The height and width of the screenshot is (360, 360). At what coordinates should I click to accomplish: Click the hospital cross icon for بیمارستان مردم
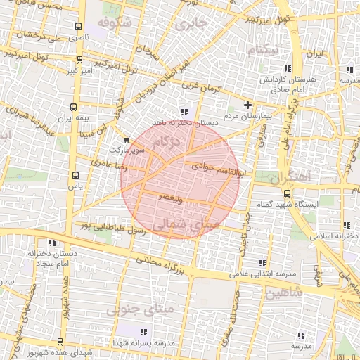coord(247,105)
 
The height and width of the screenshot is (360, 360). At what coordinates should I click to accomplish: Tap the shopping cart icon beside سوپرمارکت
coord(126,139)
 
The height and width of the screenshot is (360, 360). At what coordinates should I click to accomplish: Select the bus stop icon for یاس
coord(75,175)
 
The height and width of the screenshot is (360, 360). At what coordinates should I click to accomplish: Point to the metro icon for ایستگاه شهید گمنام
coord(286,192)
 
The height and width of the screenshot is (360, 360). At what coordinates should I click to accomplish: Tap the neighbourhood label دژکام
coord(166,143)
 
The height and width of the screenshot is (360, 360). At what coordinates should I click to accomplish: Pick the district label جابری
coord(193,25)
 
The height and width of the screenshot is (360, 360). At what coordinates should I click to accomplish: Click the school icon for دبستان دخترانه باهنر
coord(184,111)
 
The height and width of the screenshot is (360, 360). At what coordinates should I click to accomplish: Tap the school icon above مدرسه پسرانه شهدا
coord(143,331)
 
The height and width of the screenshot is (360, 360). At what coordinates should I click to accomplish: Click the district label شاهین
coord(283,291)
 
